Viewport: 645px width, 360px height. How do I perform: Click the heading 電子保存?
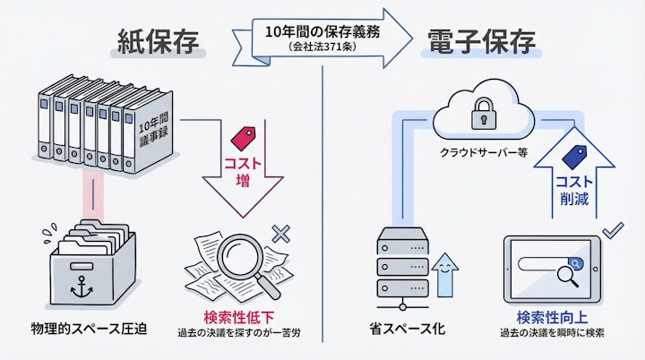coord(482,42)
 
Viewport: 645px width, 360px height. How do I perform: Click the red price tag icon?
coord(242,137)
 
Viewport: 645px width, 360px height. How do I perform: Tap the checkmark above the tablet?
coord(612,230)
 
